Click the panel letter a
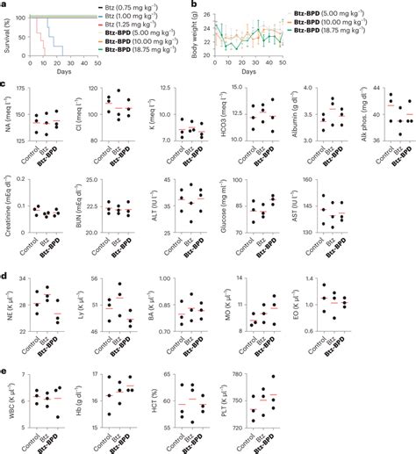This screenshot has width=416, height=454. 4,5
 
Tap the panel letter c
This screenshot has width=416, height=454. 4,86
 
